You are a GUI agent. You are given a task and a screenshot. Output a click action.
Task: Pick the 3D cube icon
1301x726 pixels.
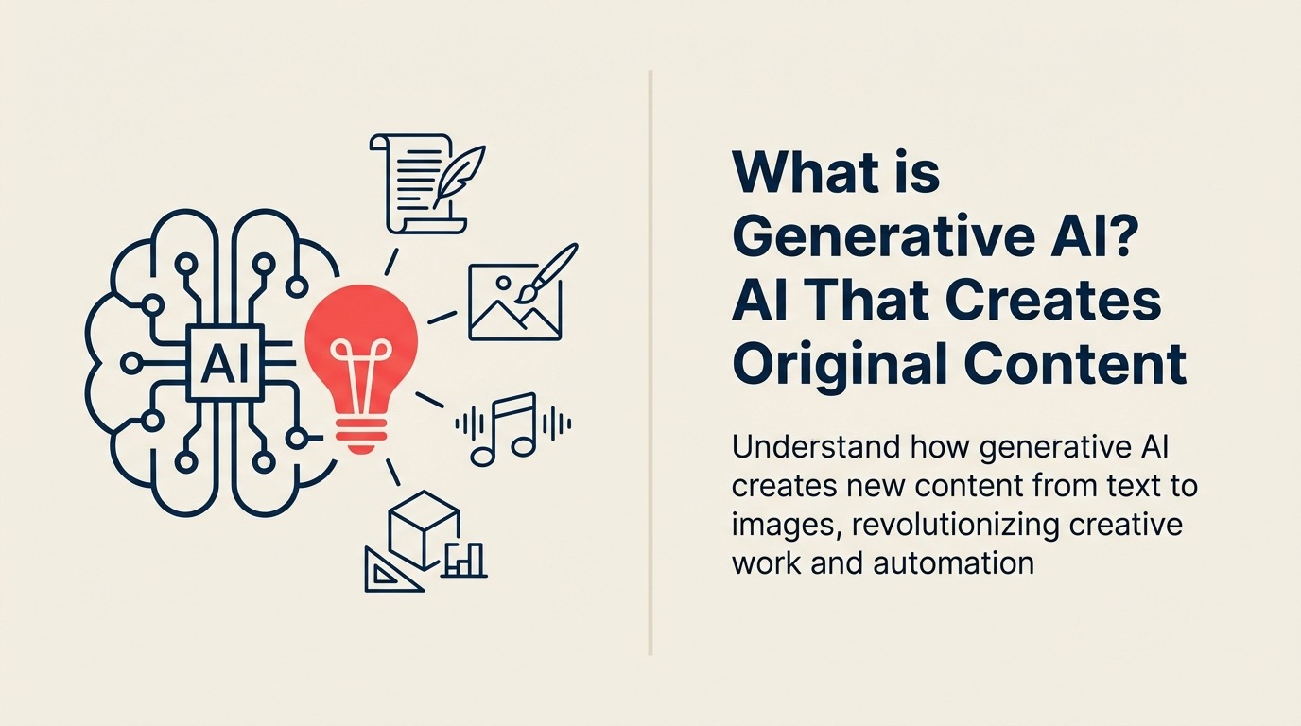coord(424,527)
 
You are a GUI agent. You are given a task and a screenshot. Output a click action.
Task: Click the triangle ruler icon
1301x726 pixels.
coord(390,570)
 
